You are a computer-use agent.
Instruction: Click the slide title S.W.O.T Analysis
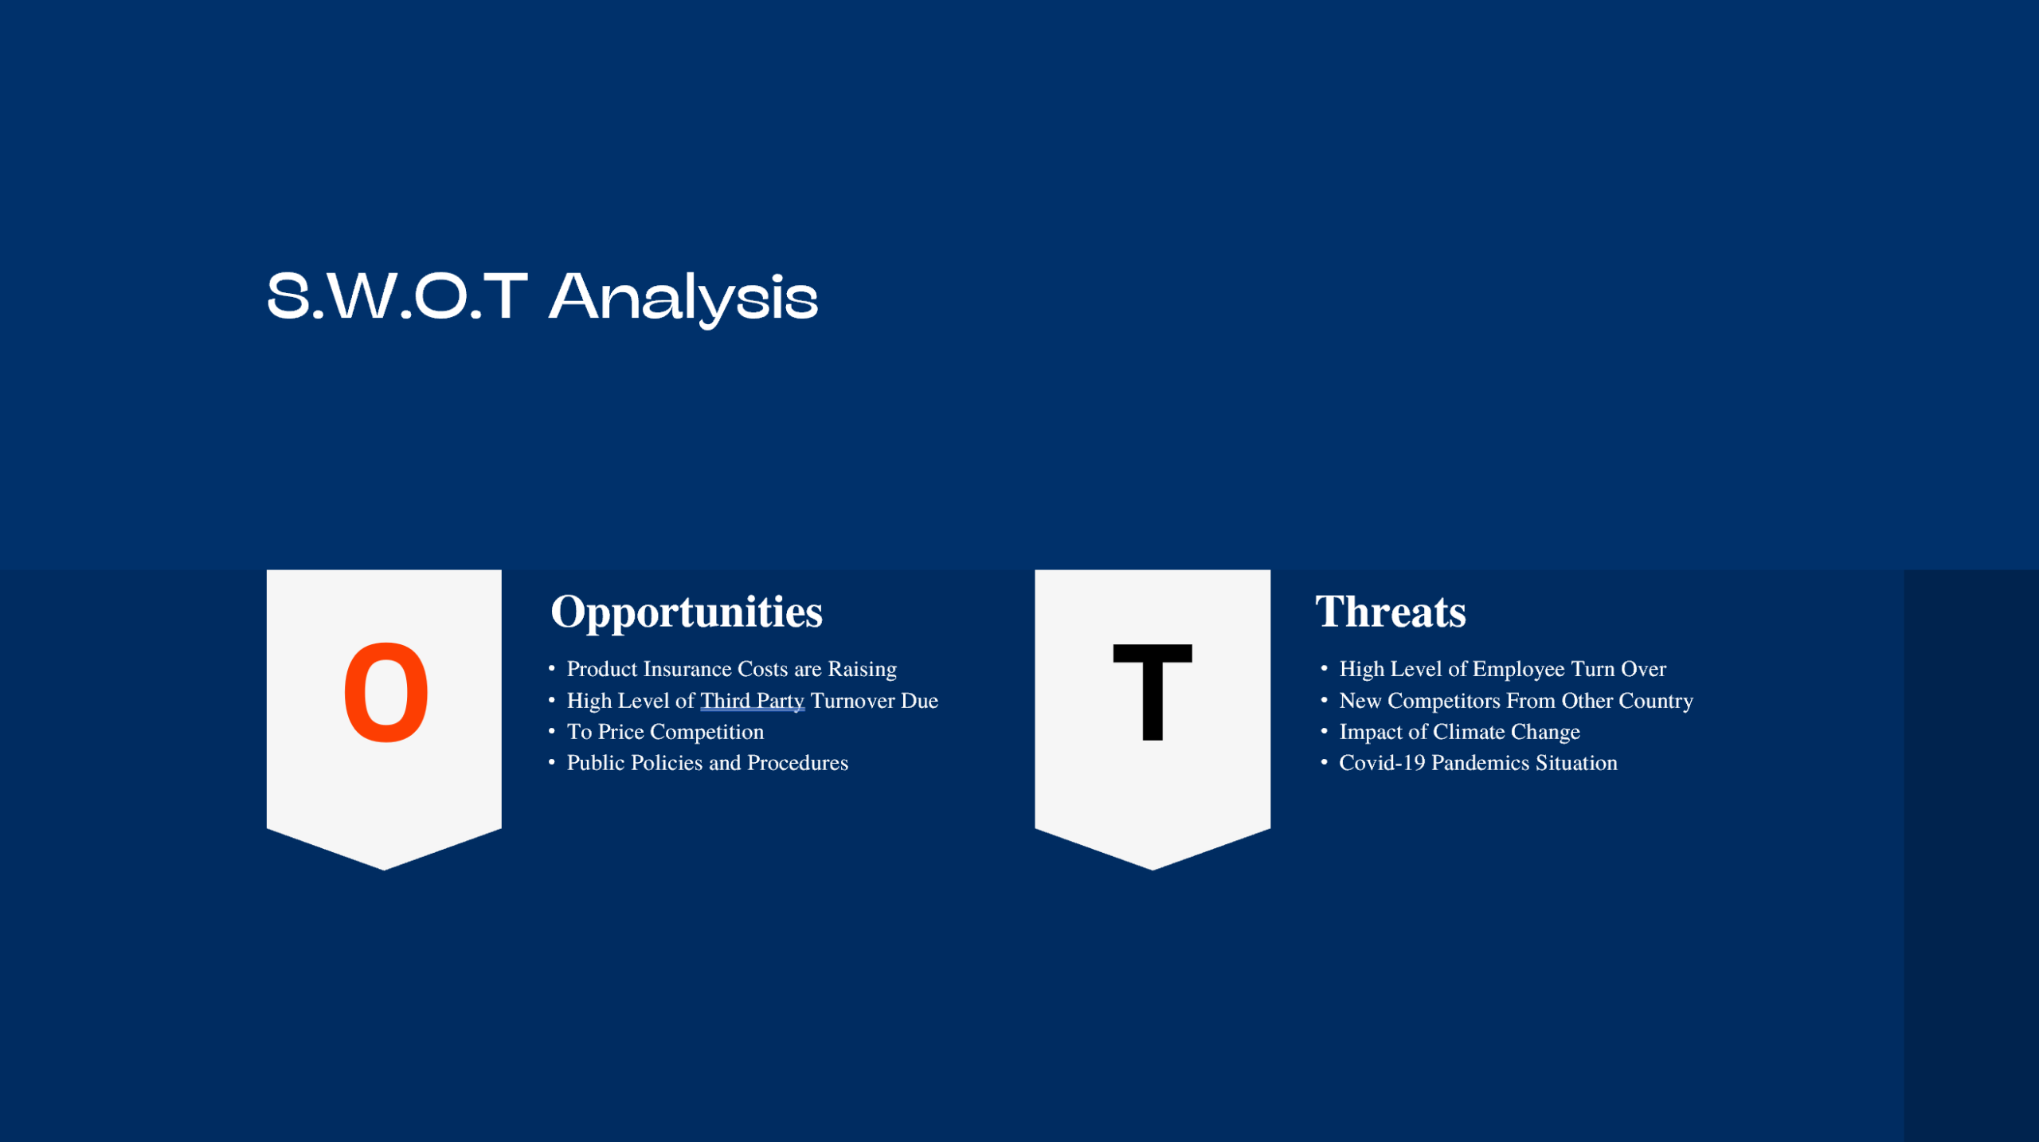[x=542, y=296]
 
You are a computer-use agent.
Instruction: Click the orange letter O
[x=385, y=692]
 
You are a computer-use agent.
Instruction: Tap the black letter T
[x=1152, y=692]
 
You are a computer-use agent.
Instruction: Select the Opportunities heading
[x=686, y=612]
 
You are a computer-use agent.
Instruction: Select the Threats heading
[x=1390, y=612]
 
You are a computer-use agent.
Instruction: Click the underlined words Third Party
[x=752, y=701]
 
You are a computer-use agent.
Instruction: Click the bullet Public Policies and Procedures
[x=706, y=763]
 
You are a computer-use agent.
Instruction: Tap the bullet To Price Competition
[x=664, y=732]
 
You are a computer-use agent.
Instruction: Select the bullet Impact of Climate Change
[x=1458, y=732]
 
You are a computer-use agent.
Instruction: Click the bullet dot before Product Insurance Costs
[x=551, y=668]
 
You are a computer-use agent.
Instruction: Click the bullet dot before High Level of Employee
[x=1324, y=668]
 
